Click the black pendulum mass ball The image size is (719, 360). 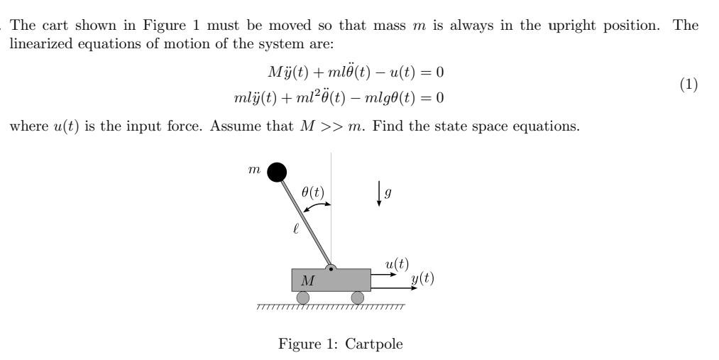coord(278,172)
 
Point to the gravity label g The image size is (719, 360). coord(388,192)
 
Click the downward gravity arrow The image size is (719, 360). coord(379,194)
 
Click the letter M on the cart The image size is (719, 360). coord(307,281)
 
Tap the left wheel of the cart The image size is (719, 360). coord(303,298)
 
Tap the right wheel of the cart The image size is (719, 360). coord(358,298)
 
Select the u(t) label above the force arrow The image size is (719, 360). coord(397,264)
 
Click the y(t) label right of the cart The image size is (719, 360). coord(422,278)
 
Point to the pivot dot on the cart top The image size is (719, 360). coord(331,269)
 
